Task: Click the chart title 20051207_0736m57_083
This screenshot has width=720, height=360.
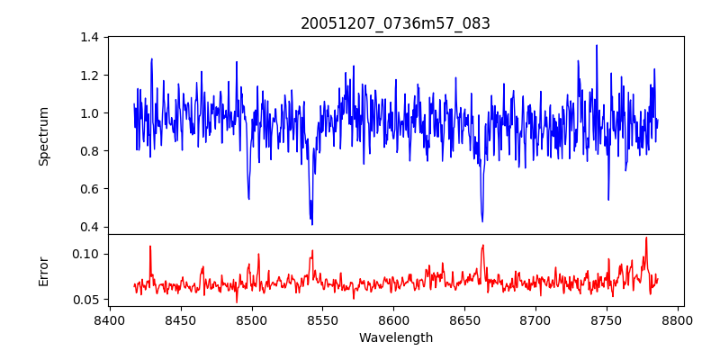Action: pos(395,23)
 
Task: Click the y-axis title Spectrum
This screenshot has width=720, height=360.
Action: pos(43,136)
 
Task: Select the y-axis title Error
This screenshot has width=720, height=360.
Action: pos(43,270)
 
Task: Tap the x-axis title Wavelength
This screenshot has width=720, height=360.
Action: pos(395,338)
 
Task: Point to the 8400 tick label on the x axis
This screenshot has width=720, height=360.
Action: pos(110,319)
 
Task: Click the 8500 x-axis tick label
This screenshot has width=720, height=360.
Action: pos(252,319)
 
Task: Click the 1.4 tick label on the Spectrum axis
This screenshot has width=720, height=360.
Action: pos(89,37)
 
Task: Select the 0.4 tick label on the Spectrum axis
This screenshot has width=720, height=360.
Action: pos(89,227)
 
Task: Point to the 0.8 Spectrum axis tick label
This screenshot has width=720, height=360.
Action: pos(89,151)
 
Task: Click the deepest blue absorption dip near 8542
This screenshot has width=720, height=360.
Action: pos(311,223)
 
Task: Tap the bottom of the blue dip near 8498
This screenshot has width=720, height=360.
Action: pos(248,198)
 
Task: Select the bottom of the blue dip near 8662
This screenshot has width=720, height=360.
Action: pos(482,220)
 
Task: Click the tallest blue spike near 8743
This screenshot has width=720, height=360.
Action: pos(596,46)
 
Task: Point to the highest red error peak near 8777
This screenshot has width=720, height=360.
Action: pos(646,238)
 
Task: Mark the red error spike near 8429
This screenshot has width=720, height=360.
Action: pos(150,247)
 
